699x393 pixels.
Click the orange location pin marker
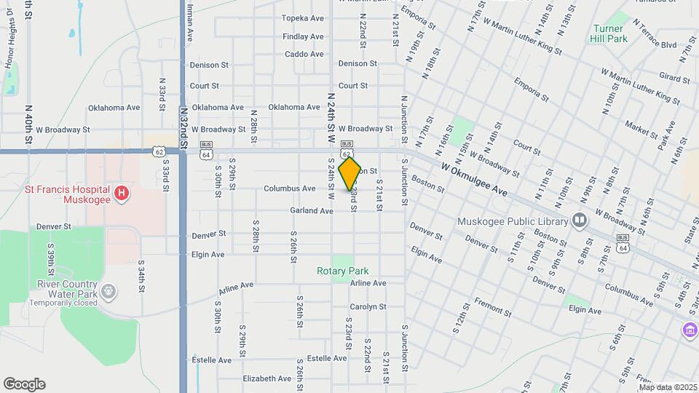[350, 173]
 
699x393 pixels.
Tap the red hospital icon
[122, 193]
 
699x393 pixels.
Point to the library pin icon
[580, 219]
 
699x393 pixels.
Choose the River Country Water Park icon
[108, 292]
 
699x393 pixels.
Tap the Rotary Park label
[342, 271]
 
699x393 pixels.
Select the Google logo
[24, 384]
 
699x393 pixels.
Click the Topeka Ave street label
[302, 18]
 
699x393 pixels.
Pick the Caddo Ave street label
[304, 54]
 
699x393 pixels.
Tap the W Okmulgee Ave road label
[474, 178]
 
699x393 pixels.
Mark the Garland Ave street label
[311, 210]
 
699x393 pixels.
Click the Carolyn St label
[368, 306]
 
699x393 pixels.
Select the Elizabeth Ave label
[266, 378]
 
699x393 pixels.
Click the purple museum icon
[689, 330]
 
